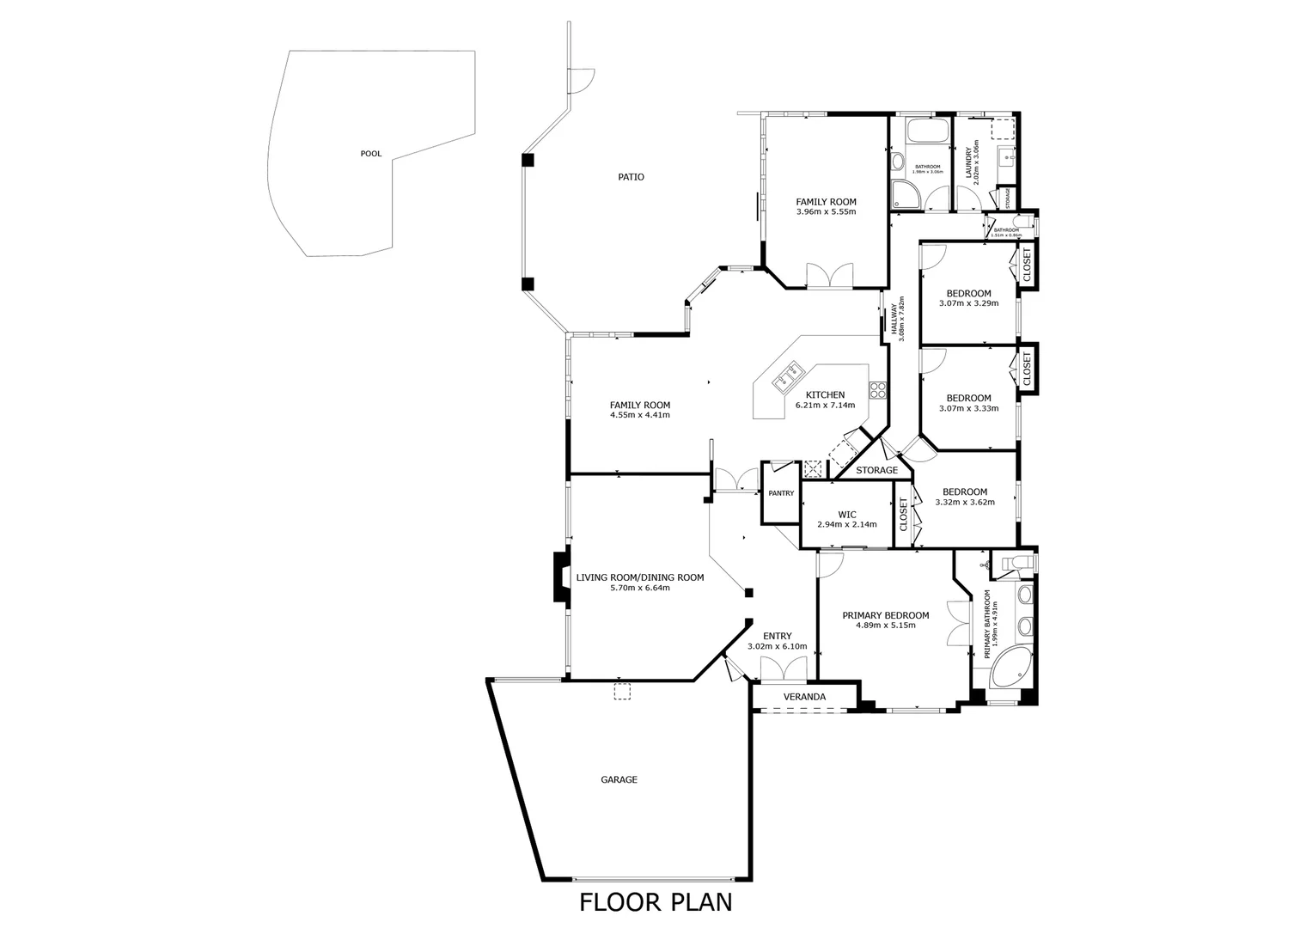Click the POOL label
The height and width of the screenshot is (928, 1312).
pos(370,154)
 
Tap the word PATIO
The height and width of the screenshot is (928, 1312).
pos(631,177)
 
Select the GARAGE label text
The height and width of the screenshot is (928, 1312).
pos(619,780)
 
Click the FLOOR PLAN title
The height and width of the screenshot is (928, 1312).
pos(656,902)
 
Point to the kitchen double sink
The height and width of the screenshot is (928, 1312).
pos(186,375)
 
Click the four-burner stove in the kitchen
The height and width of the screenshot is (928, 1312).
pos(877,390)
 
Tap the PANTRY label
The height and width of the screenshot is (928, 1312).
pos(781,493)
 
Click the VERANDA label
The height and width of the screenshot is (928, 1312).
pos(805,697)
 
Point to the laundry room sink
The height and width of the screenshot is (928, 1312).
pos(1004,157)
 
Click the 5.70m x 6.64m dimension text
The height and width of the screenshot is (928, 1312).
pos(639,589)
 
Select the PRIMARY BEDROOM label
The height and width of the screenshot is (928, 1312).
pos(885,615)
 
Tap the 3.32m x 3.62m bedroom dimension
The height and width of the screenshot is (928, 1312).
pos(965,503)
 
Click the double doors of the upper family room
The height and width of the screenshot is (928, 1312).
pos(829,277)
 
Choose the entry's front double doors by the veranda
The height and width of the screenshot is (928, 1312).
pos(784,669)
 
